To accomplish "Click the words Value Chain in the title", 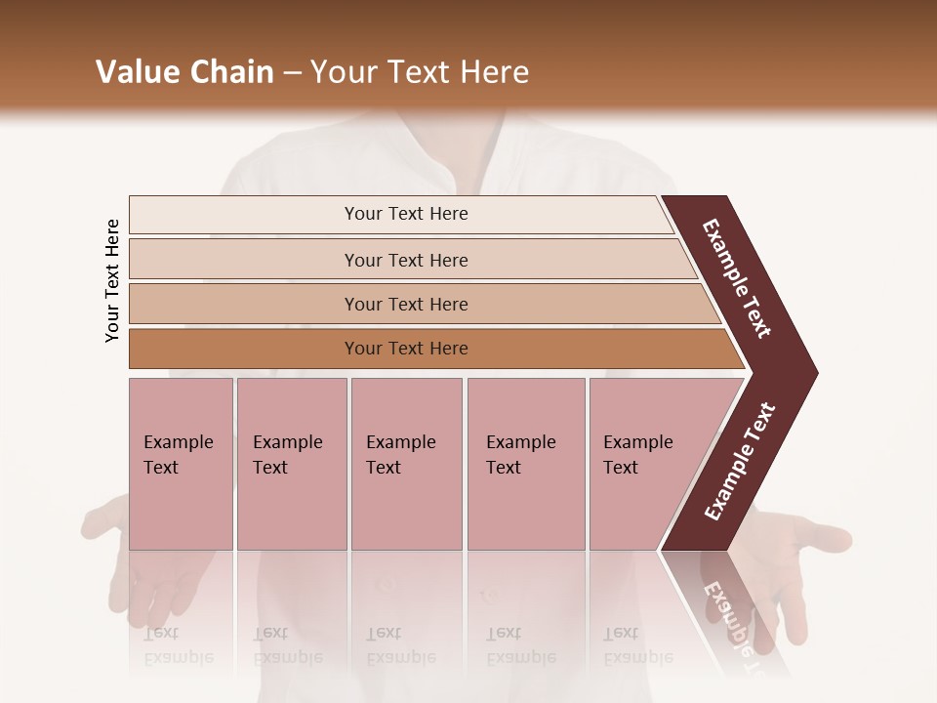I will tap(184, 72).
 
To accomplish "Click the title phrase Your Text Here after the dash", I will tap(420, 72).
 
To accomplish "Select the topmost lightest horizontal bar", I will tap(405, 214).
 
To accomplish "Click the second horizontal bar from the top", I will tap(405, 260).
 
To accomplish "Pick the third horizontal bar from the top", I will tap(405, 304).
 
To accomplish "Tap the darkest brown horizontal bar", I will tap(405, 349).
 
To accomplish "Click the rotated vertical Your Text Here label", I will tap(112, 280).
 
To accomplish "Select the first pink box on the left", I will tap(181, 464).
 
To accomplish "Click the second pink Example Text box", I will tap(291, 464).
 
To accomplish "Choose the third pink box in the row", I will tap(405, 464).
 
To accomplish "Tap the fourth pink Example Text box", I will tap(525, 464).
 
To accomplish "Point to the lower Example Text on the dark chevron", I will tap(740, 461).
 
